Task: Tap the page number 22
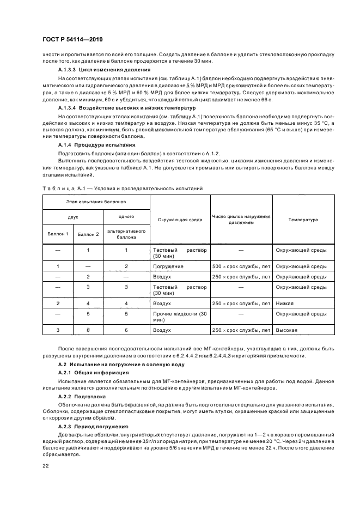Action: (46, 465)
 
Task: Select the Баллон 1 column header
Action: (58, 234)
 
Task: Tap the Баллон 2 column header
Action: (88, 234)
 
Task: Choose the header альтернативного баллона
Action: (126, 234)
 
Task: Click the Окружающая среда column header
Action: (180, 220)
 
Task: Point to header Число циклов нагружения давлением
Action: (241, 220)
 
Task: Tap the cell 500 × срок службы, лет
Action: (241, 266)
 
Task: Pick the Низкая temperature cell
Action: (285, 303)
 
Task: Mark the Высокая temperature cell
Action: (286, 330)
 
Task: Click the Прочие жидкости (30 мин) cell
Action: (180, 317)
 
